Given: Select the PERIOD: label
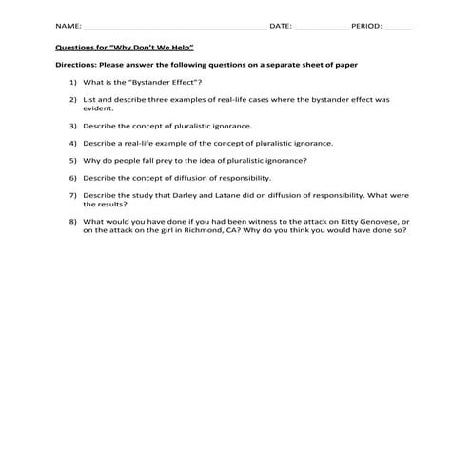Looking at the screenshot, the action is point(367,27).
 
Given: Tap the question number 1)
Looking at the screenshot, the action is point(73,83).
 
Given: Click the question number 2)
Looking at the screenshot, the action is point(73,99).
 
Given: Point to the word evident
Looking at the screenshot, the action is point(98,109).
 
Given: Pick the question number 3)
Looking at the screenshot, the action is point(73,126).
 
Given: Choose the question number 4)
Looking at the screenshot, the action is point(73,143).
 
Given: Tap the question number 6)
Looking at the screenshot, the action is point(73,177).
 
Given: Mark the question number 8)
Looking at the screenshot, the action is point(73,221).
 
